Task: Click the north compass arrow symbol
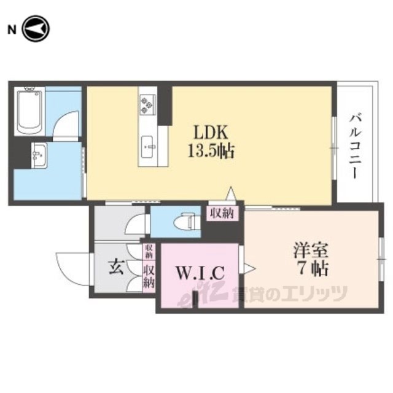pos(36,29)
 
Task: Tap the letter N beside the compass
pos(12,30)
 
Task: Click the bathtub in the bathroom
pos(29,111)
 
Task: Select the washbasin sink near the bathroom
pos(39,155)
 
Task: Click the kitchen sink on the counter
pos(148,147)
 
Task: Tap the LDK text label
pos(211,133)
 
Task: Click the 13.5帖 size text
pos(211,151)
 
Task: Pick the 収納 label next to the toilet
pos(222,213)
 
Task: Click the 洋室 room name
pos(311,251)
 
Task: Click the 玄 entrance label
pos(116,267)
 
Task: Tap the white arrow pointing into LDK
pos(231,193)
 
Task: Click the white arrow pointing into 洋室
pos(250,269)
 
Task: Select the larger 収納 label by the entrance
pos(149,277)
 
